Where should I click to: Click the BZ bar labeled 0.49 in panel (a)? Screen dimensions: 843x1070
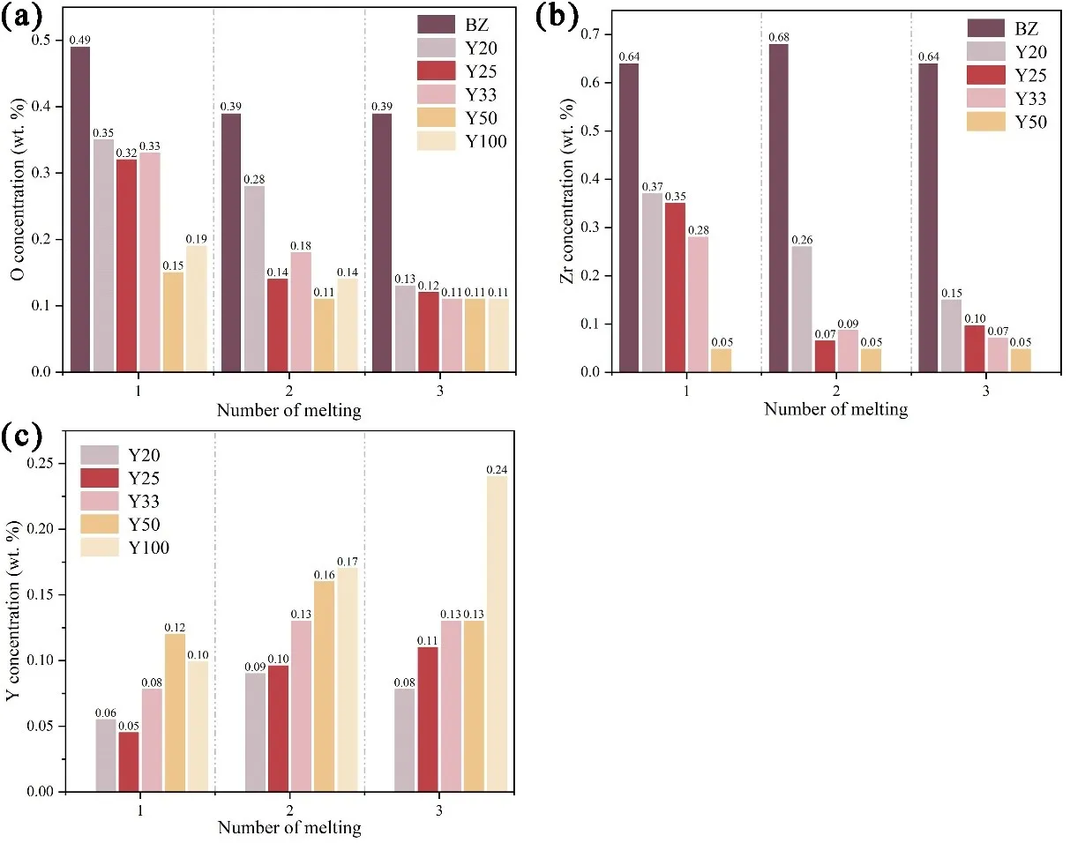[x=79, y=208]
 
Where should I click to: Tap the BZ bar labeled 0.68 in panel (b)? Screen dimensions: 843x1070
[x=780, y=207]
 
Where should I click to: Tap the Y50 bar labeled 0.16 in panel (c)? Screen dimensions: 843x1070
[x=324, y=686]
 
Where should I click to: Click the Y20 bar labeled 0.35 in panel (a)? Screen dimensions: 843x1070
[x=103, y=255]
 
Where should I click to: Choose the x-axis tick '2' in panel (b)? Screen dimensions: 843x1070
[x=834, y=387]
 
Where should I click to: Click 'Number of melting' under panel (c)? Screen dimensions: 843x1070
[x=288, y=827]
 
